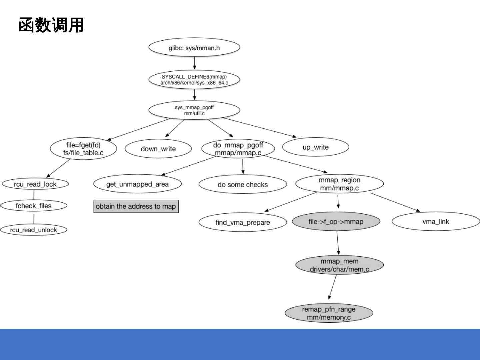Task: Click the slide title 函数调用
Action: click(51, 26)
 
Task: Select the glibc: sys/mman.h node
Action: click(194, 48)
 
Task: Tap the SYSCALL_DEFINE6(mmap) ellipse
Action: click(194, 80)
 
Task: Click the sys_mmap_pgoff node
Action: click(194, 110)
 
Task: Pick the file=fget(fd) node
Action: click(83, 149)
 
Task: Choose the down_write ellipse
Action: click(158, 149)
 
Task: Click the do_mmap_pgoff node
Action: click(238, 149)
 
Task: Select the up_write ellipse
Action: click(315, 147)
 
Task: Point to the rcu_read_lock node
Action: click(35, 184)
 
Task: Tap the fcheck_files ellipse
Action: click(33, 206)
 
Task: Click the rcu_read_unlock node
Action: click(33, 230)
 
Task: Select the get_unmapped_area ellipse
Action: click(137, 184)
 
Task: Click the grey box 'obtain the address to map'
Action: click(136, 206)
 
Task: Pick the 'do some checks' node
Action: click(243, 184)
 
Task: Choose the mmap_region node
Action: click(339, 184)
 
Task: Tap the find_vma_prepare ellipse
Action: click(243, 222)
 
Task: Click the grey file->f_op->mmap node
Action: click(336, 222)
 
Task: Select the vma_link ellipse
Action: click(436, 222)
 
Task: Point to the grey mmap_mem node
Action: click(339, 265)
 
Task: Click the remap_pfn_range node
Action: click(329, 313)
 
